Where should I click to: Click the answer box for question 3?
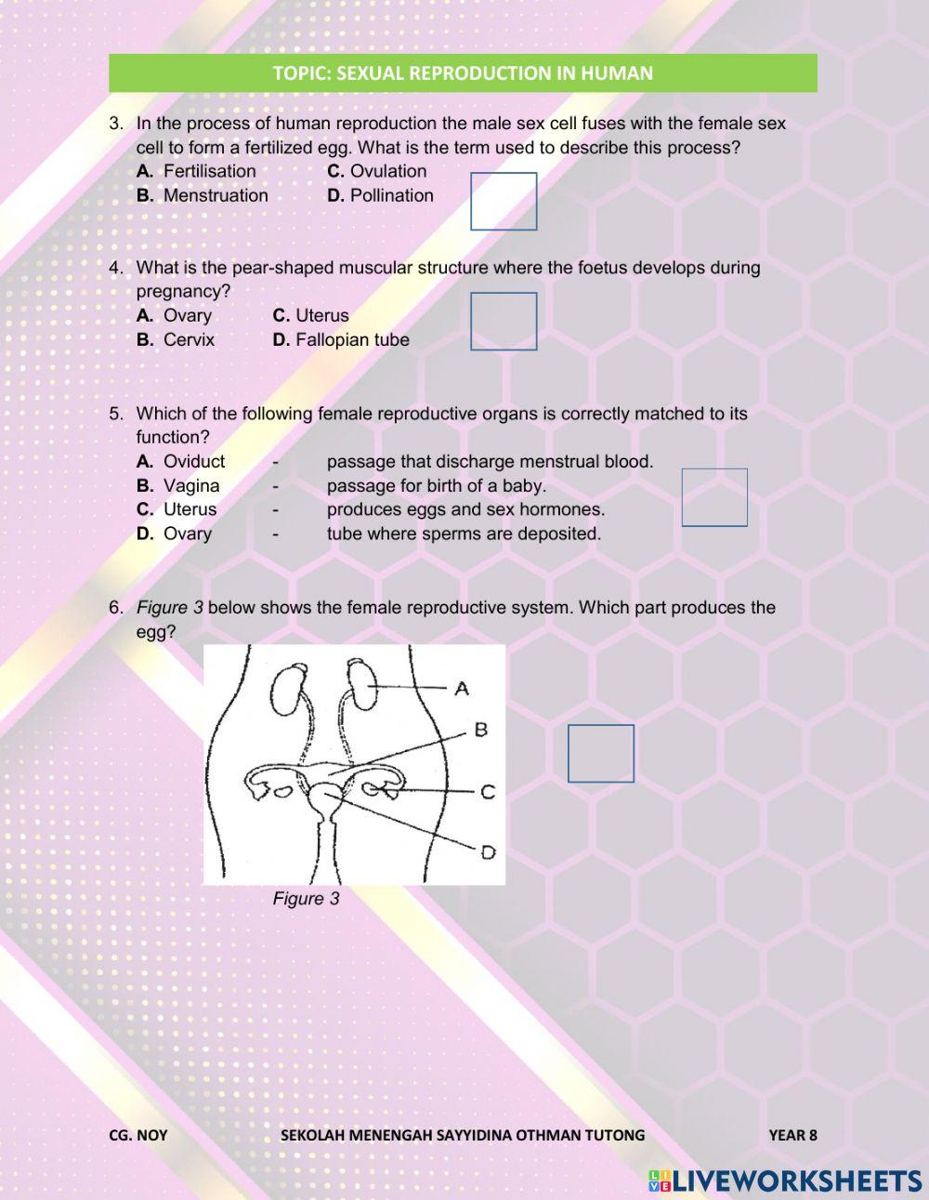click(x=504, y=201)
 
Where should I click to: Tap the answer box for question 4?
click(x=504, y=322)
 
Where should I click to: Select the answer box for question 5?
click(x=714, y=497)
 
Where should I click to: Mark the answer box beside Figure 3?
click(x=601, y=753)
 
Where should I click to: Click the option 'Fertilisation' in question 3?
click(x=209, y=171)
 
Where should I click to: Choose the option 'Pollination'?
click(x=391, y=195)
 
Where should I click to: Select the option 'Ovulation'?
click(x=387, y=171)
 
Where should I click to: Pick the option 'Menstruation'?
click(x=215, y=195)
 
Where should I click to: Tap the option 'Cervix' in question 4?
click(x=189, y=339)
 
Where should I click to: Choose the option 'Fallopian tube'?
click(x=352, y=339)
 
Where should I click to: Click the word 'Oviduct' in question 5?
click(x=193, y=461)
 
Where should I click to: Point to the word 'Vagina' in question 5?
click(x=191, y=485)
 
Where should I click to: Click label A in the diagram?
click(x=462, y=689)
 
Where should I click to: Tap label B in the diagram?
click(x=481, y=730)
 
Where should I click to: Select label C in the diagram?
click(x=488, y=792)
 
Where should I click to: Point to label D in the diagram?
click(x=488, y=851)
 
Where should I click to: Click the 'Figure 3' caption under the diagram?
click(x=306, y=899)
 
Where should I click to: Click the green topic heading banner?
click(x=463, y=73)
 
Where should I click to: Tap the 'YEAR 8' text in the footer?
click(x=792, y=1135)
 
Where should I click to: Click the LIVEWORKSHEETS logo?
click(x=785, y=1180)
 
